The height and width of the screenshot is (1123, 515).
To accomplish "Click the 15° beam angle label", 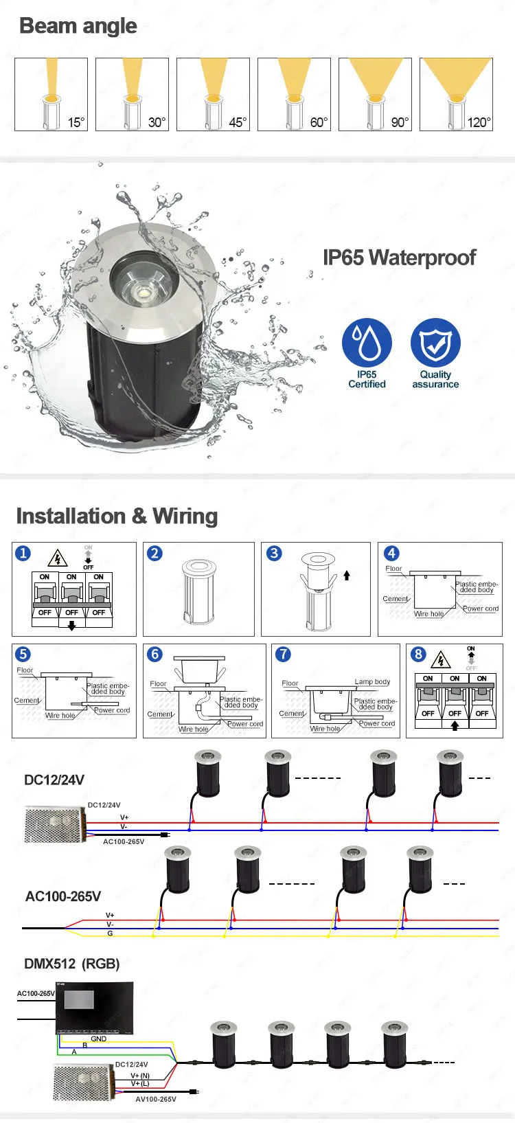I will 76,122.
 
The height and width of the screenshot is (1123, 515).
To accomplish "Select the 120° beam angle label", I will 479,122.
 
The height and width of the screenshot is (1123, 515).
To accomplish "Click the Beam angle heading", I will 78,26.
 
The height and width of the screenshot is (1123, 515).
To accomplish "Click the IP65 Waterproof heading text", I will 399,258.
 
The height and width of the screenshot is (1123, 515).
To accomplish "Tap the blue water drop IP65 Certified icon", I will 367,342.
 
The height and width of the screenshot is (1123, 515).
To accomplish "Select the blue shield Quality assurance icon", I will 435,342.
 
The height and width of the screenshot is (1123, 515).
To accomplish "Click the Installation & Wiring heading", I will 117,516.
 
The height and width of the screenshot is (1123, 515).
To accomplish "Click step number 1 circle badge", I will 23,554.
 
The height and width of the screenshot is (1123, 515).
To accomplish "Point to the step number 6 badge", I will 155,654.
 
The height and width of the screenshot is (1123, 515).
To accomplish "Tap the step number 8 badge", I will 418,654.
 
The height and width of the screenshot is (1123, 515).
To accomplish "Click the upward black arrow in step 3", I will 347,576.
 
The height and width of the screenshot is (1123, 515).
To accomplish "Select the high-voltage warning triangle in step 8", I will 440,661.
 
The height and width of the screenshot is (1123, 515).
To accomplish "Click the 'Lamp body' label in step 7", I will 372,682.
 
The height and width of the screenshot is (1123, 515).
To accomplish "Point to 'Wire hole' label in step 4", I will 428,614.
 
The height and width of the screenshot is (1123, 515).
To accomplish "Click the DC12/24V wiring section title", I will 54,780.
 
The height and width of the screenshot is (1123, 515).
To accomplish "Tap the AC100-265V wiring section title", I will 63,896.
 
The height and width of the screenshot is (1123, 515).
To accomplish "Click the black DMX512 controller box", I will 95,1008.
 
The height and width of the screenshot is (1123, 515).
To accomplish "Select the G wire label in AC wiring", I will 110,933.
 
